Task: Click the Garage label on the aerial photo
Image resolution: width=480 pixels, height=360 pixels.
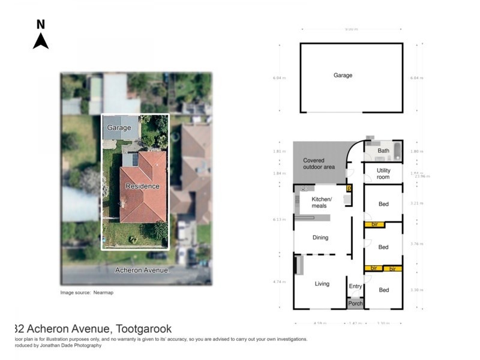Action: (x=119, y=128)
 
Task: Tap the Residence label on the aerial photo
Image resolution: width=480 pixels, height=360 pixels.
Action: (x=143, y=186)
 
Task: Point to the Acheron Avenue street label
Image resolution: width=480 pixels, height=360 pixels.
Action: (x=143, y=271)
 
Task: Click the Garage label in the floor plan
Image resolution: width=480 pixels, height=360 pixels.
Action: (x=343, y=76)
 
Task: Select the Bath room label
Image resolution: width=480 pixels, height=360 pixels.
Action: (x=383, y=151)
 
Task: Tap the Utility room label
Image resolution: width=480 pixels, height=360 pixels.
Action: (x=383, y=174)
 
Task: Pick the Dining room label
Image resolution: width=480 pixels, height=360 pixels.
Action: (x=320, y=238)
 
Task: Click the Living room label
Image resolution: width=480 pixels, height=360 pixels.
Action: (x=322, y=284)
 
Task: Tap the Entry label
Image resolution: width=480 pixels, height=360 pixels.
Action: (x=356, y=286)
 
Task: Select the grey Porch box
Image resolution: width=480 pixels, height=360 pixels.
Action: (x=356, y=304)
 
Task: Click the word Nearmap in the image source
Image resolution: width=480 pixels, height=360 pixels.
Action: (x=104, y=293)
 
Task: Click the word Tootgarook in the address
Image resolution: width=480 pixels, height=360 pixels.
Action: (x=143, y=329)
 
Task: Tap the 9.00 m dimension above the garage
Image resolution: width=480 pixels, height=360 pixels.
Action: (x=351, y=29)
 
